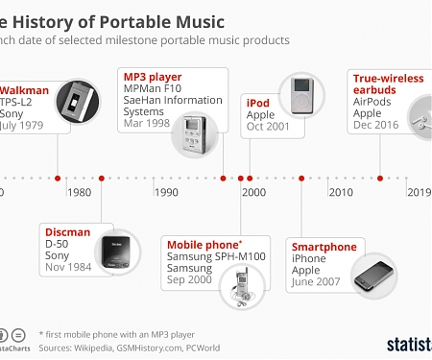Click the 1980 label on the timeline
tap(81, 192)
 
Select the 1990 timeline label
tap(167, 192)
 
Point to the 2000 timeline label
tap(253, 192)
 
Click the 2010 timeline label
tap(340, 192)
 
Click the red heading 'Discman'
tap(67, 231)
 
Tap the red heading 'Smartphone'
tap(324, 247)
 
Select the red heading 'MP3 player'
tap(153, 76)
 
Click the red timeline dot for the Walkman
tap(58, 178)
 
